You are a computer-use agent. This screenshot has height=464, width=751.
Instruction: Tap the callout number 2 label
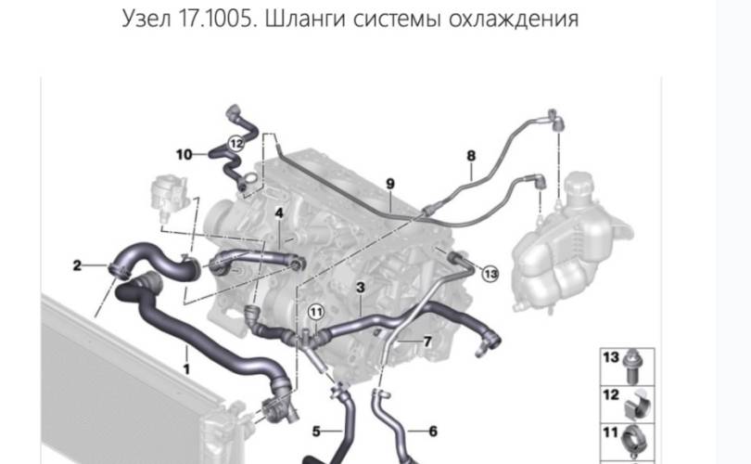(77, 266)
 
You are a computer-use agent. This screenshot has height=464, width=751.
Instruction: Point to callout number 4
(278, 214)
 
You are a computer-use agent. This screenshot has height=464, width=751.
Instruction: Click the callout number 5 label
(315, 431)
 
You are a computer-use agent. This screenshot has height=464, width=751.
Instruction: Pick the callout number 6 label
(432, 431)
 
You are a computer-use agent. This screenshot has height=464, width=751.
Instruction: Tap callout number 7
(427, 342)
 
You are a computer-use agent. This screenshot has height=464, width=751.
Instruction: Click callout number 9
(390, 183)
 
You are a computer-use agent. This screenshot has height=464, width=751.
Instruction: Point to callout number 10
(184, 154)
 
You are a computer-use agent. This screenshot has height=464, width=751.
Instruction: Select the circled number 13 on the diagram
(490, 274)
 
